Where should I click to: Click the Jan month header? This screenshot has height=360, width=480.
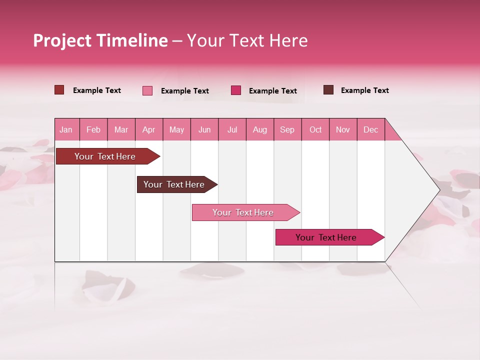click(x=66, y=129)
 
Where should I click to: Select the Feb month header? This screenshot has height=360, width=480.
click(x=93, y=129)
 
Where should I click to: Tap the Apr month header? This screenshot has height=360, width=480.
click(x=148, y=129)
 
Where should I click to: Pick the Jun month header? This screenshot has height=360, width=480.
click(x=204, y=129)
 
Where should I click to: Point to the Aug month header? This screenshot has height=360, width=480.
click(x=259, y=129)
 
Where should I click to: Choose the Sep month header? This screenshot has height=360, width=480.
click(x=287, y=129)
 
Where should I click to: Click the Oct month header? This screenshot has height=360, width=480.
click(x=315, y=129)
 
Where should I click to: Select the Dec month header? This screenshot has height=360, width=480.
click(x=370, y=129)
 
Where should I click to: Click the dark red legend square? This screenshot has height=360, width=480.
click(x=59, y=90)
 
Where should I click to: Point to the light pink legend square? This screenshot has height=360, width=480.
click(x=147, y=90)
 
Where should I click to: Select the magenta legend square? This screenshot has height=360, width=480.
click(x=236, y=90)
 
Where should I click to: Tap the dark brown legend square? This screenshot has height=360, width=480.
click(x=328, y=90)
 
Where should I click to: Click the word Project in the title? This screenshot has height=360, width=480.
click(x=62, y=40)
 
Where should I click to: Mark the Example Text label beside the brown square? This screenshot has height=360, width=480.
click(x=364, y=90)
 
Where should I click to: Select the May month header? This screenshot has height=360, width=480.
click(x=176, y=129)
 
